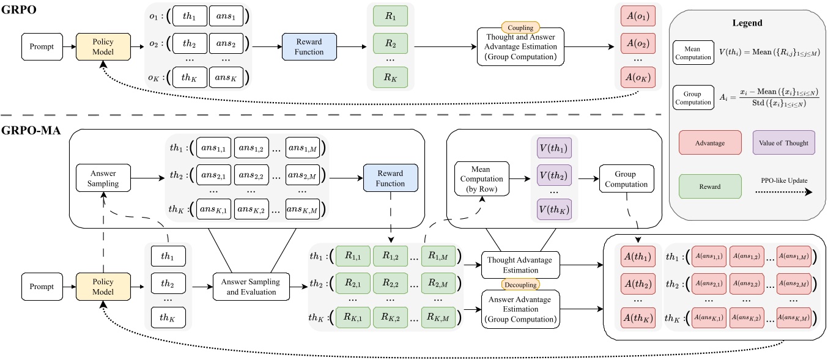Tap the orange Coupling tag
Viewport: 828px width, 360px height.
tap(519, 28)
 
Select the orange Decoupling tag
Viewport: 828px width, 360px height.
tap(519, 285)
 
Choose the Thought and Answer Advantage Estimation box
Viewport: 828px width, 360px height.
tap(519, 47)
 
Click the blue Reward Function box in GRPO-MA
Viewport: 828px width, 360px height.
tap(390, 178)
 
